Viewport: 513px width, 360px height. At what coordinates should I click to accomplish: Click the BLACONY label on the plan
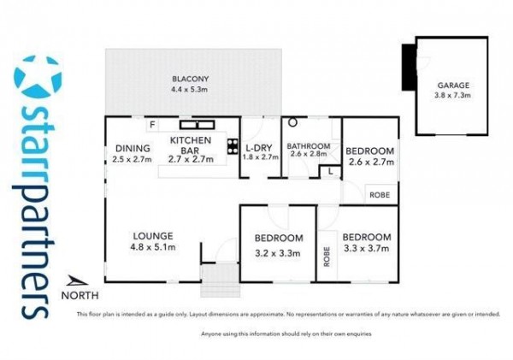point(190,79)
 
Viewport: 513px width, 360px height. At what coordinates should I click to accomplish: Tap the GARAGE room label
point(453,86)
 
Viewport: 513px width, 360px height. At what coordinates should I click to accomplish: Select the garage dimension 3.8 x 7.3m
point(452,95)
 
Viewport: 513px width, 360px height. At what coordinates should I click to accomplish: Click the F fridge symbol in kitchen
point(152,125)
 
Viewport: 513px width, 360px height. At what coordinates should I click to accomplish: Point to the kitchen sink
point(197,125)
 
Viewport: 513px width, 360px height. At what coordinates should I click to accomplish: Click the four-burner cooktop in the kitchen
point(233,146)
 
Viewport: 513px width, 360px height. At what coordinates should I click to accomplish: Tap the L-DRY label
point(259,148)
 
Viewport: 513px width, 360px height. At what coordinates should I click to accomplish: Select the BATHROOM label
point(309,146)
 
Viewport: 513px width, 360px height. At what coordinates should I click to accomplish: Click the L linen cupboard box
point(330,172)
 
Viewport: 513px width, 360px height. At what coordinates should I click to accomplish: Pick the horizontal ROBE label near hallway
point(380,195)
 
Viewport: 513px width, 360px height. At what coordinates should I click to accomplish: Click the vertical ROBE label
point(327,257)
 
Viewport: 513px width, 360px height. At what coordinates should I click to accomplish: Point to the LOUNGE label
point(153,236)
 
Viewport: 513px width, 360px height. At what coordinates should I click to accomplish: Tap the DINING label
point(133,149)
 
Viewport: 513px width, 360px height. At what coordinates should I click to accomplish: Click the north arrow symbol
point(77,281)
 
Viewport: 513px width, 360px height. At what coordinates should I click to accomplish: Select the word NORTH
point(80,296)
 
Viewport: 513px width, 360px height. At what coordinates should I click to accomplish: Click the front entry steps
point(220,280)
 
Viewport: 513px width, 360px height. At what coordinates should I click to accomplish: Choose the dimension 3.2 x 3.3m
point(277,253)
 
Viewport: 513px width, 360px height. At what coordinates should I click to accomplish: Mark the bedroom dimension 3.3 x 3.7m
point(367,248)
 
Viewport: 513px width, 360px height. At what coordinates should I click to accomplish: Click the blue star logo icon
point(38,77)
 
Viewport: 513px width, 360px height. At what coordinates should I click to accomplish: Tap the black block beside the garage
point(409,67)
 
